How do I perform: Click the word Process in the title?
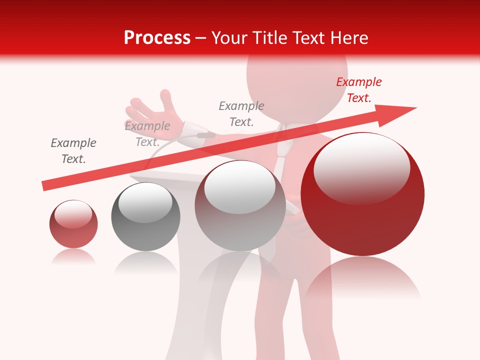tap(157, 38)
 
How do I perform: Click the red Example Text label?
tap(359, 90)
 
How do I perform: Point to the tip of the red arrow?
tap(415, 108)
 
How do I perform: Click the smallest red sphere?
tap(73, 224)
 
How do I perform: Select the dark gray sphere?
tap(145, 216)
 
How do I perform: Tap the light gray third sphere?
tap(240, 205)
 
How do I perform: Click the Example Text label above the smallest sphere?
tap(73, 151)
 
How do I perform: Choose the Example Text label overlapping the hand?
tap(147, 134)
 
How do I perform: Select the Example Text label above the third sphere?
tap(241, 113)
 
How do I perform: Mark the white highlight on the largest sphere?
tap(361, 167)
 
